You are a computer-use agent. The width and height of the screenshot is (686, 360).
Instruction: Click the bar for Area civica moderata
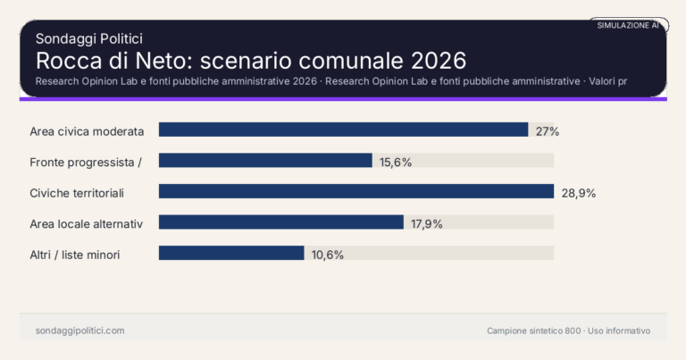click(x=343, y=130)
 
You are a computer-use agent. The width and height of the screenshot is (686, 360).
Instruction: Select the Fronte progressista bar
click(x=265, y=161)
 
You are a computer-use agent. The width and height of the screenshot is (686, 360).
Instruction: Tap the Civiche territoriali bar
click(x=356, y=191)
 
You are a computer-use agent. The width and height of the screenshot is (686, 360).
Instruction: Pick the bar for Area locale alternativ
click(x=280, y=222)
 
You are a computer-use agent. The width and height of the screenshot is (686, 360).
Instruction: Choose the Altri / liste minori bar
click(x=231, y=253)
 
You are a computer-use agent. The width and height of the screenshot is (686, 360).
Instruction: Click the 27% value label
click(x=547, y=131)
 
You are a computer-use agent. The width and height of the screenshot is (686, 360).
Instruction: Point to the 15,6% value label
click(x=396, y=162)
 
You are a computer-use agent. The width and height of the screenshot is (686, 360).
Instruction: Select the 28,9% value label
click(x=578, y=192)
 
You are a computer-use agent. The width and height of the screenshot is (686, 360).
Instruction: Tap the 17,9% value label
click(x=427, y=223)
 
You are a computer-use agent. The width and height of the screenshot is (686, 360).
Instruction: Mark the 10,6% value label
click(x=327, y=254)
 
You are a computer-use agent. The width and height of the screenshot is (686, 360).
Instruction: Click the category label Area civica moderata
click(x=87, y=131)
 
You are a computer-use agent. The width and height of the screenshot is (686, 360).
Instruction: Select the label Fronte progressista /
click(x=86, y=162)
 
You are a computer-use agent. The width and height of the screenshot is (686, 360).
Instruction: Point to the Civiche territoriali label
click(x=76, y=192)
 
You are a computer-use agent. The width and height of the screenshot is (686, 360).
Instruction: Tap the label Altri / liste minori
click(x=75, y=255)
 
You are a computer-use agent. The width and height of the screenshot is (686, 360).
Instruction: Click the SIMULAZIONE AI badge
click(x=628, y=26)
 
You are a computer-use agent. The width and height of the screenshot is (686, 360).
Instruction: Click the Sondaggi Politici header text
click(x=89, y=38)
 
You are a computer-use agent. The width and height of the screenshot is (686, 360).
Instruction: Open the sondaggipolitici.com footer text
click(x=79, y=331)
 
